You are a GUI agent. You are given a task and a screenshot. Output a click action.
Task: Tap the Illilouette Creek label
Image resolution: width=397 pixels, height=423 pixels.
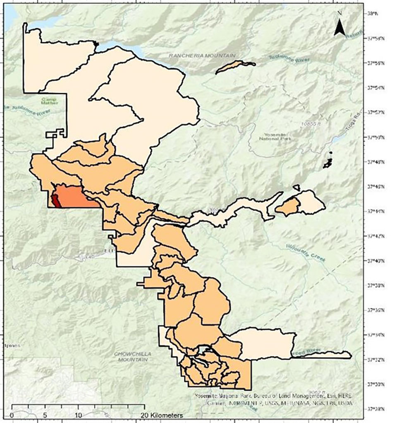pyautogui.click(x=306, y=253)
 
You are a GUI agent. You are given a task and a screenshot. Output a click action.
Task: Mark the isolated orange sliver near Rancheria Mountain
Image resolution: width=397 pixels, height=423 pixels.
pyautogui.click(x=235, y=66)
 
